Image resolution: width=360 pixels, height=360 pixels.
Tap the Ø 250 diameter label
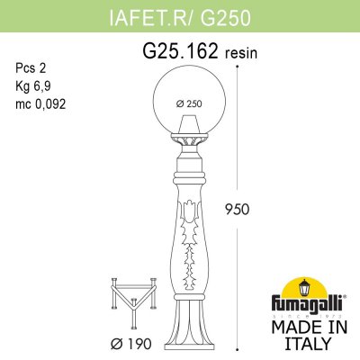[188, 101]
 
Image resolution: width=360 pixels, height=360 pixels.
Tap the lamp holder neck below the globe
[188, 144]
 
